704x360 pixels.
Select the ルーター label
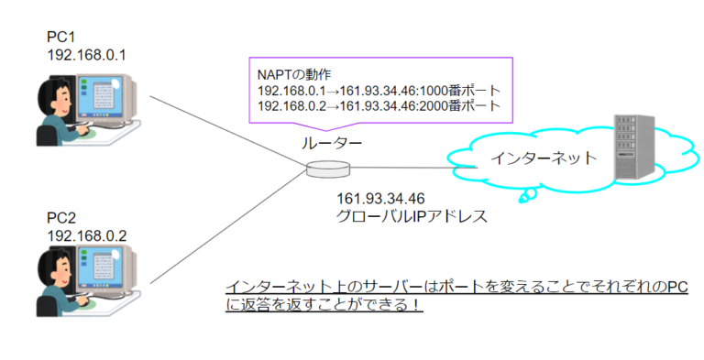click(x=332, y=144)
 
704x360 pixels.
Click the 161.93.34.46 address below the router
click(x=381, y=199)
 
